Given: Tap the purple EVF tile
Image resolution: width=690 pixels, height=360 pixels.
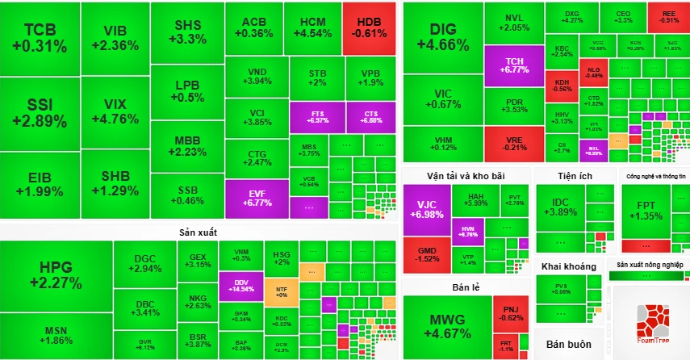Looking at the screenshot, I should [x=257, y=198].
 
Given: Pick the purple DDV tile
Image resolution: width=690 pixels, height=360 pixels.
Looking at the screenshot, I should [x=241, y=283].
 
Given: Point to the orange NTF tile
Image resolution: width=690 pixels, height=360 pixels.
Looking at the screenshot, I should [x=281, y=291].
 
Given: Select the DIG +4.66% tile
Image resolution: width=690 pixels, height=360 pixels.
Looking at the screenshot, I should [x=443, y=38].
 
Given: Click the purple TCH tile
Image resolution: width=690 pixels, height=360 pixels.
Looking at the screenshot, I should [x=513, y=66].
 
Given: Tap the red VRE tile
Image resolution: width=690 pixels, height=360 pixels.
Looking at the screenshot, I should [x=513, y=143].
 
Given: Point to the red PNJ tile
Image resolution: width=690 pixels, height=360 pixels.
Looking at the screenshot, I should [x=510, y=313].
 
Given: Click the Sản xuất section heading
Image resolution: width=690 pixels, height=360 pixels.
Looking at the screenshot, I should [x=200, y=232].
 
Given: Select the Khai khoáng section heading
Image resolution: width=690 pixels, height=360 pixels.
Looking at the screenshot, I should [x=568, y=266].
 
